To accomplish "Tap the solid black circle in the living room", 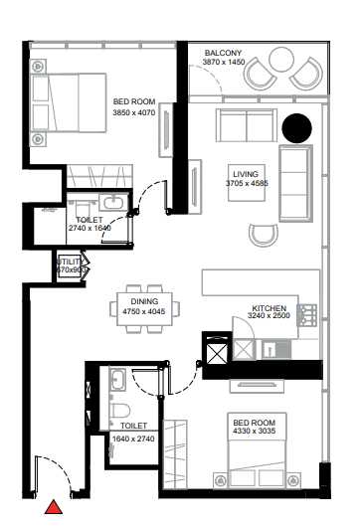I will pyautogui.click(x=293, y=128).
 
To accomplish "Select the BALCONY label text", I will pyautogui.click(x=224, y=53).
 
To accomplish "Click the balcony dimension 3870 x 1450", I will pyautogui.click(x=224, y=63).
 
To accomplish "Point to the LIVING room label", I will pyautogui.click(x=241, y=172).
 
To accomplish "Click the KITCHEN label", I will pyautogui.click(x=270, y=308).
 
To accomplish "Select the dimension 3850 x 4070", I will pyautogui.click(x=133, y=111).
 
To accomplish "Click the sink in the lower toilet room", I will pyautogui.click(x=116, y=379).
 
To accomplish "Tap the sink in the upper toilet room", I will pyautogui.click(x=114, y=204).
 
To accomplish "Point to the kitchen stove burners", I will pyautogui.click(x=308, y=315).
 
